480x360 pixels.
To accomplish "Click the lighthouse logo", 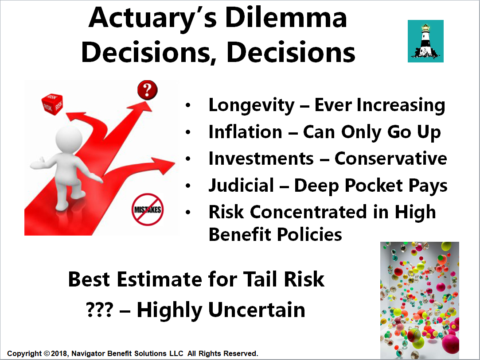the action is tap(425, 41).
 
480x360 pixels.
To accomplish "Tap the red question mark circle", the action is tap(147, 90).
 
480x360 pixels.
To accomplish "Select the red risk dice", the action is tap(52, 105).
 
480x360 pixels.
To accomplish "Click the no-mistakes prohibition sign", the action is tap(148, 209).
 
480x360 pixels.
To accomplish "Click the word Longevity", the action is tap(251, 105).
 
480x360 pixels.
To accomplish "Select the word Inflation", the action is tap(245, 132).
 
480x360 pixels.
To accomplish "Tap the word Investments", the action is tap(261, 159).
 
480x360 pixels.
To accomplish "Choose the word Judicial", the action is tap(241, 186).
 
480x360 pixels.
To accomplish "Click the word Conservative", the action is tap(390, 159).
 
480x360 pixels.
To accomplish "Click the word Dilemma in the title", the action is tap(286, 18).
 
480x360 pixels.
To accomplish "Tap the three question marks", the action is tap(100, 310).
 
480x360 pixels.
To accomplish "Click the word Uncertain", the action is tap(257, 310).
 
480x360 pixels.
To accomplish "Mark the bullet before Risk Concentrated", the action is tap(188, 212).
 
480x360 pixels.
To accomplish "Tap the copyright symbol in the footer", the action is tap(47, 353).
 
